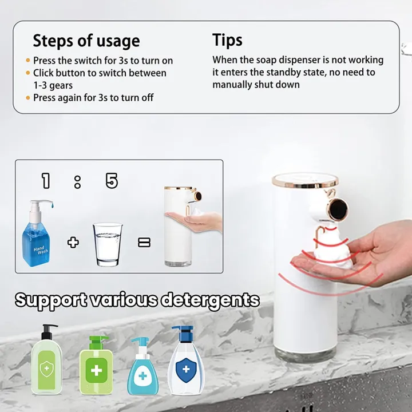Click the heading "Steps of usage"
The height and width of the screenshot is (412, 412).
[x=86, y=41]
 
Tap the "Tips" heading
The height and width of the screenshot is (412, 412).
[x=227, y=40]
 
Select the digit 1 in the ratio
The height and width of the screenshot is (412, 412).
[x=46, y=181]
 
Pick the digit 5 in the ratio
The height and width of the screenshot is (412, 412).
[x=112, y=181]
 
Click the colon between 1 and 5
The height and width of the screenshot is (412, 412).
[x=77, y=183]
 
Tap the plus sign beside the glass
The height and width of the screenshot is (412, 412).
[x=73, y=242]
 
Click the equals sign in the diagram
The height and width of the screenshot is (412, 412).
[x=144, y=243]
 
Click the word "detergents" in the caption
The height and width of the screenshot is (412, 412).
[x=209, y=300]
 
